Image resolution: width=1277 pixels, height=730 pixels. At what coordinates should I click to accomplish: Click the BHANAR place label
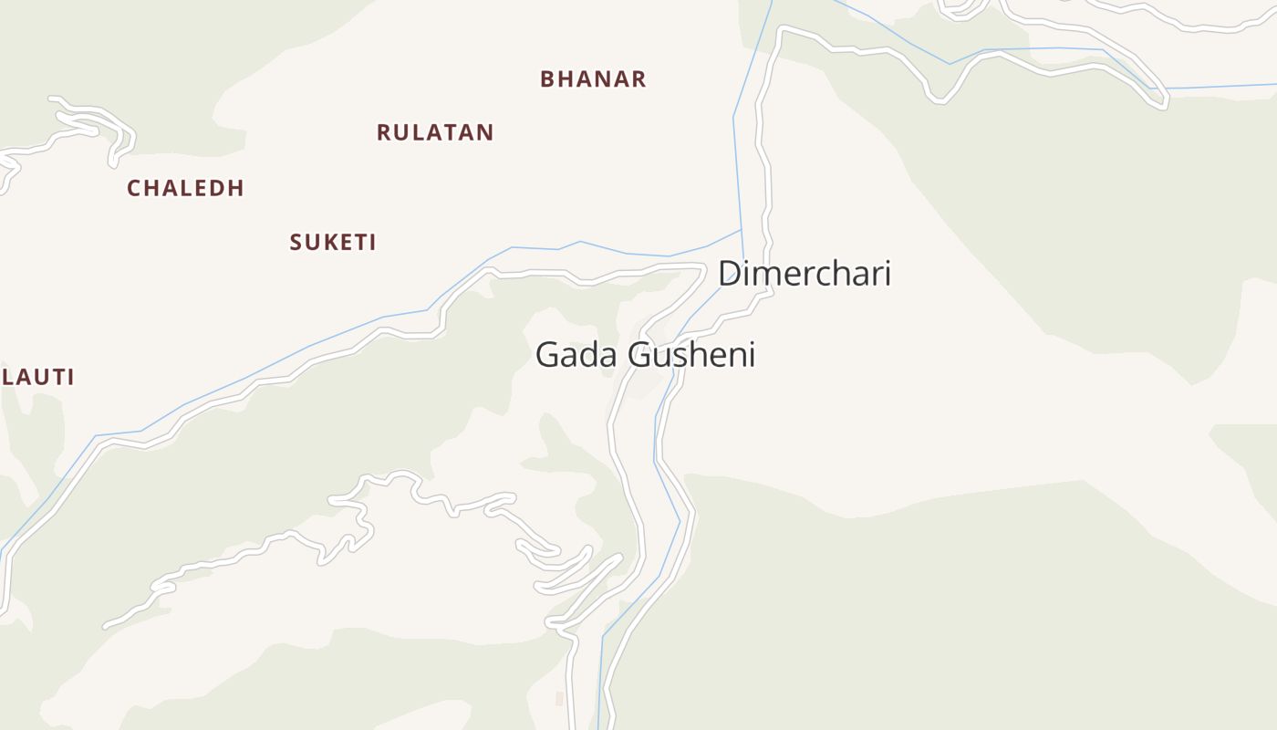coord(593,79)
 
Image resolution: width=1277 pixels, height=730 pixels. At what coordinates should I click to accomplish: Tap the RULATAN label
coord(435,132)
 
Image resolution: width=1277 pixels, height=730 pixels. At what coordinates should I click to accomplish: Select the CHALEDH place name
coord(185,188)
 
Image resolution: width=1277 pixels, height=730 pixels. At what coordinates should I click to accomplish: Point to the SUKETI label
coord(333,242)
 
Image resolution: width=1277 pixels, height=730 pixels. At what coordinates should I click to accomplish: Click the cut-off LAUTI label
coord(37,377)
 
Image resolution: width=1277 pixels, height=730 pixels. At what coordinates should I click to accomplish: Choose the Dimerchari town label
coord(804,273)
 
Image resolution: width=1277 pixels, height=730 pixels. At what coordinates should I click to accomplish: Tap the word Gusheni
coord(692,354)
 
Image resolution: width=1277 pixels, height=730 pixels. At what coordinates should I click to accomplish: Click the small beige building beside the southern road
coord(559,698)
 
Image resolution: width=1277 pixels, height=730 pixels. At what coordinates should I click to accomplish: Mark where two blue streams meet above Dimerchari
coord(741,229)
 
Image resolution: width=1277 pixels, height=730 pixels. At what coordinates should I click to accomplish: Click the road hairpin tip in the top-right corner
coord(1163,107)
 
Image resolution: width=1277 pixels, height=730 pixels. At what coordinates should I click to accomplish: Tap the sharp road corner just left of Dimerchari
coord(703,266)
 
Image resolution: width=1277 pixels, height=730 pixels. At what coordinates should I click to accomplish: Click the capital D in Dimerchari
coord(731,273)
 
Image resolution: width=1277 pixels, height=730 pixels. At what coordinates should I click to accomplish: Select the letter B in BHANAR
coord(547,79)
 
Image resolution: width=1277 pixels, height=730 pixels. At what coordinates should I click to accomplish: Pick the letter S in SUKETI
coord(296,242)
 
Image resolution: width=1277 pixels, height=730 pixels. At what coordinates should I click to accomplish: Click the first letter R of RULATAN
coord(384,132)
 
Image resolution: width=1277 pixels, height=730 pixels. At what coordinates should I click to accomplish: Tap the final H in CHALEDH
coord(236,188)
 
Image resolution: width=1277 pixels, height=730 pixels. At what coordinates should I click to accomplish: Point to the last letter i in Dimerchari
coord(886,273)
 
